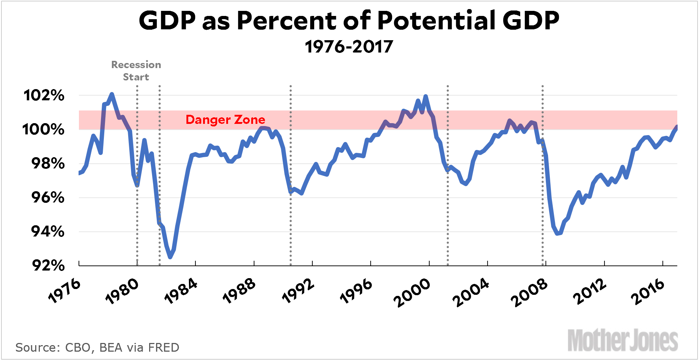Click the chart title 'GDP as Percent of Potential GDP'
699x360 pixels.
click(x=349, y=21)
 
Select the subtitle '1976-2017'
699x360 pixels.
click(x=349, y=47)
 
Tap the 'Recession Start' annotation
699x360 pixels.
click(x=136, y=71)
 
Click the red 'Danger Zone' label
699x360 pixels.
click(x=225, y=120)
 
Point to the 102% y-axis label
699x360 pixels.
click(x=44, y=96)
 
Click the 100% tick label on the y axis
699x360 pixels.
click(x=43, y=129)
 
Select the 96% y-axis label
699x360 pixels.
click(x=48, y=197)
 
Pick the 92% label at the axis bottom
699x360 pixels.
click(x=48, y=265)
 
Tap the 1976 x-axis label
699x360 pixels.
click(x=64, y=291)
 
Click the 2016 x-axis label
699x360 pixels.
click(x=648, y=292)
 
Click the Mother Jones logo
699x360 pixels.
click(x=623, y=340)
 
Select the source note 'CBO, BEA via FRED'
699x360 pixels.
click(x=97, y=348)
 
